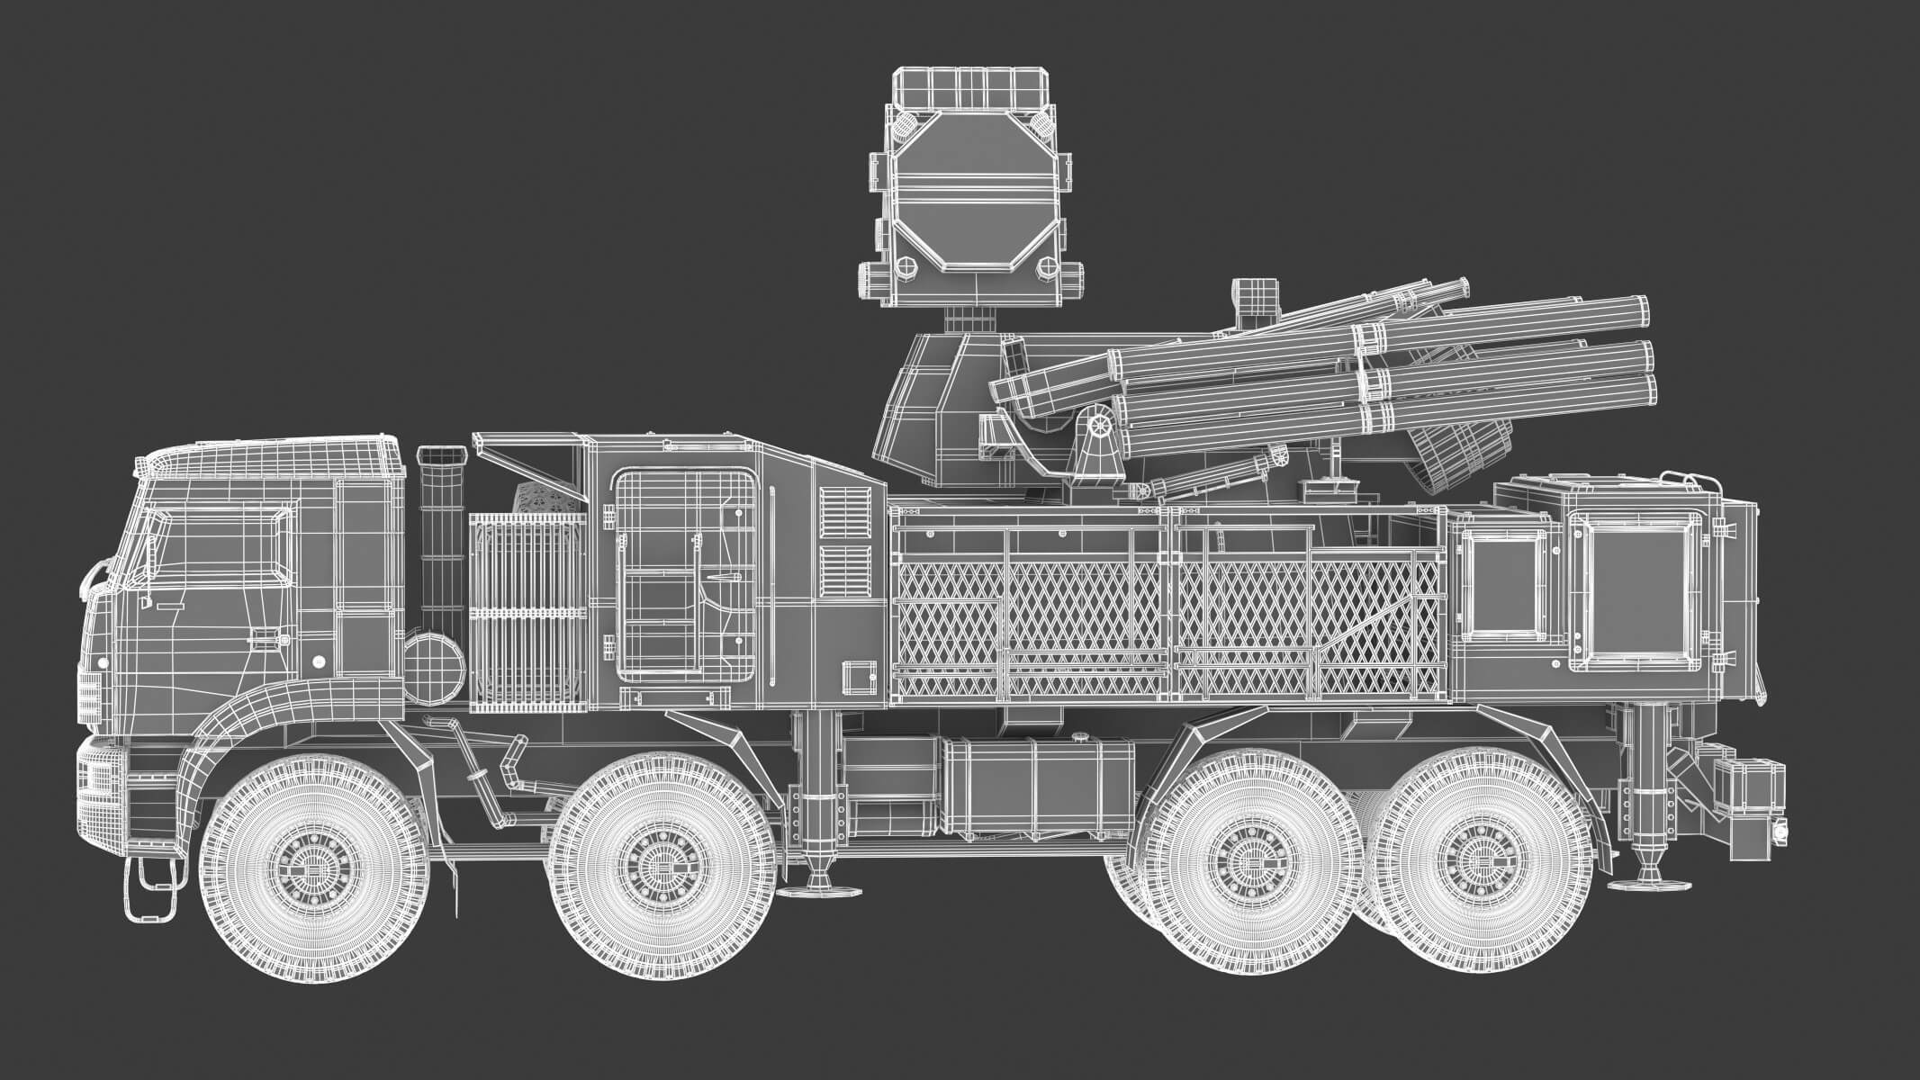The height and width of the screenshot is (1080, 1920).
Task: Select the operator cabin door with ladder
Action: pos(684,576)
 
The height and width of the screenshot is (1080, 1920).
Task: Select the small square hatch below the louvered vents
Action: pos(857,677)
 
